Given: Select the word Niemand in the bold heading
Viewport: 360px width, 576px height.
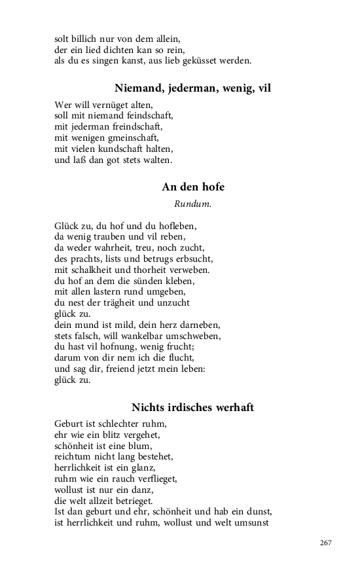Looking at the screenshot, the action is [139, 88].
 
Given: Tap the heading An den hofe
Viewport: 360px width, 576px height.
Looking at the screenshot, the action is [193, 187].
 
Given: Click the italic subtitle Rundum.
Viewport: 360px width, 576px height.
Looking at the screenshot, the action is [193, 204].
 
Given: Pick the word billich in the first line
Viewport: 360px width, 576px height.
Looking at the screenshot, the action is [90, 39].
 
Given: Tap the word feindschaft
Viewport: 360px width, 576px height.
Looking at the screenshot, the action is [147, 116].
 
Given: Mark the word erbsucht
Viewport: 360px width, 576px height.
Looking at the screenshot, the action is [193, 259].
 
